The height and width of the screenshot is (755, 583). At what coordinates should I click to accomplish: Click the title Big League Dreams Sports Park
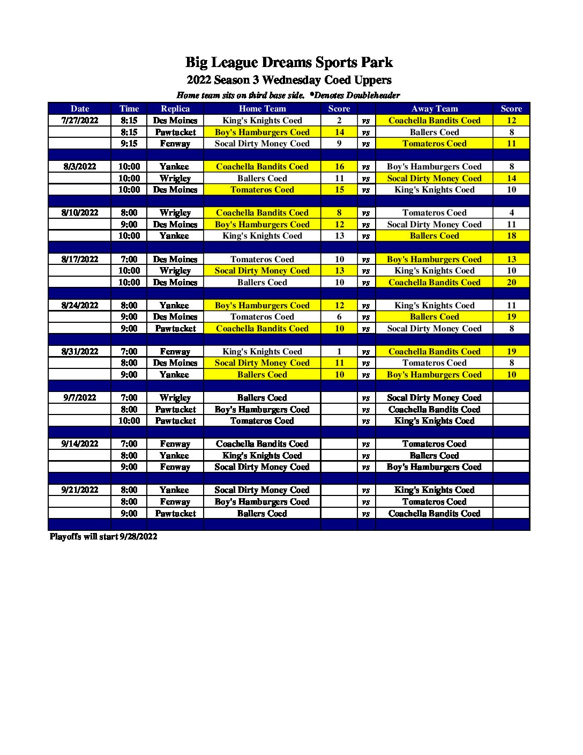click(289, 62)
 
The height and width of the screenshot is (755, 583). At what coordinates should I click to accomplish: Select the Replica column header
click(175, 109)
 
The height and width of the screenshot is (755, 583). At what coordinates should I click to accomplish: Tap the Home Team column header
click(262, 109)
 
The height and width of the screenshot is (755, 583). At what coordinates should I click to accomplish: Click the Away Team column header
click(434, 109)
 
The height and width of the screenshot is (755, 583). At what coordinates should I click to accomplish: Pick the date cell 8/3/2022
click(80, 167)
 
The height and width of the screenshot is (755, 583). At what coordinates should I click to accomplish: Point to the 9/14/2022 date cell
click(80, 444)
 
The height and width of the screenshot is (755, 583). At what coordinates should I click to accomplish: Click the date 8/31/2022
click(80, 352)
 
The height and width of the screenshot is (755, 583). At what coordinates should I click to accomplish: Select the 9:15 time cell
click(129, 144)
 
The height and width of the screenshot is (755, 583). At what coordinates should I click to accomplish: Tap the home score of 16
click(339, 167)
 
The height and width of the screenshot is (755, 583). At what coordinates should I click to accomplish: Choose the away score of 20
click(511, 283)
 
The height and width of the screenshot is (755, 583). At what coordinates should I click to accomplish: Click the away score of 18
click(511, 236)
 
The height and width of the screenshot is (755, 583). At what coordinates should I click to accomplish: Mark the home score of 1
click(339, 352)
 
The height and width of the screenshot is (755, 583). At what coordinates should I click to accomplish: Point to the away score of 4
click(511, 213)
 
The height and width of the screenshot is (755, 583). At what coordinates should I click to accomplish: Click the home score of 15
click(339, 190)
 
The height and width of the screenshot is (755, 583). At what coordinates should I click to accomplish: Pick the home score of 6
click(339, 317)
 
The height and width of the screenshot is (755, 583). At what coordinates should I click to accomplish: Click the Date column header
click(80, 109)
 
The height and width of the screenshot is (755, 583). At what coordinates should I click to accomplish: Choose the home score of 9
click(339, 144)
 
